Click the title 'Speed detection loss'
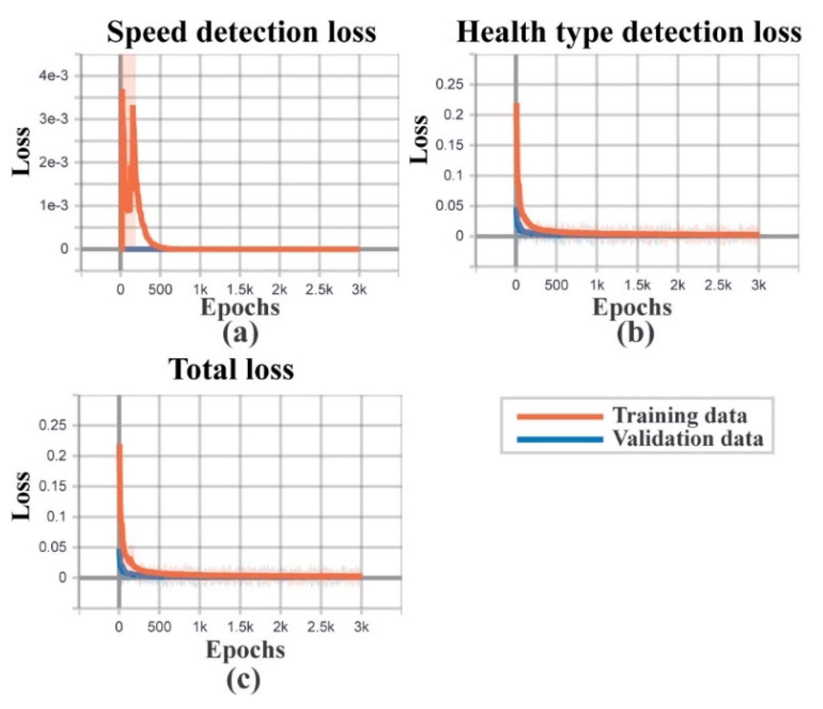[242, 33]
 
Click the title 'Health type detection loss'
[629, 33]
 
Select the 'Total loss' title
[231, 370]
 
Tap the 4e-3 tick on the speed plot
[53, 76]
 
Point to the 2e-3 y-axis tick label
[53, 162]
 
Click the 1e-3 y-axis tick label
[53, 205]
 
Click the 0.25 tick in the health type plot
[449, 84]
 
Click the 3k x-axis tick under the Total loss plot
[361, 627]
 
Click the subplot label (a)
[240, 333]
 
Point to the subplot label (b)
[635, 333]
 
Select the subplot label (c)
[244, 679]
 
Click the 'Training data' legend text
[680, 416]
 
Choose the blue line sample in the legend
[560, 440]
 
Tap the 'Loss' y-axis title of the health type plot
[419, 139]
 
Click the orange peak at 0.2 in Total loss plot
[119, 446]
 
